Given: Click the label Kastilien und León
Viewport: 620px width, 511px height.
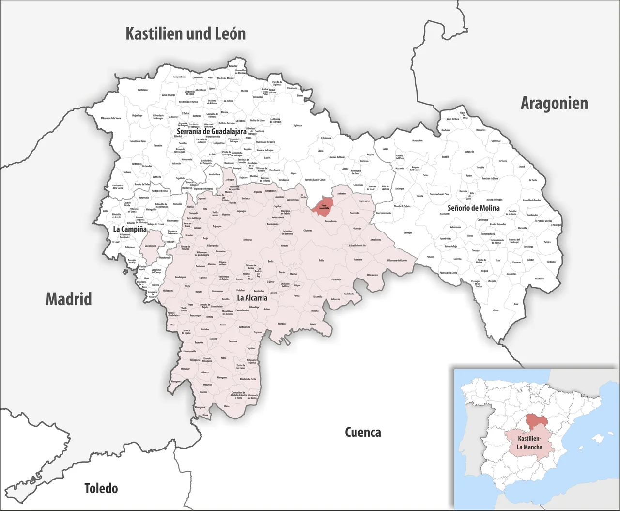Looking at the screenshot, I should pos(186,34).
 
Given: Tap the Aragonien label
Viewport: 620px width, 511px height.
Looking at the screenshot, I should pos(554,103).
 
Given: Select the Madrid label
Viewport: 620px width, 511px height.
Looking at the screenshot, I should pos(68,299).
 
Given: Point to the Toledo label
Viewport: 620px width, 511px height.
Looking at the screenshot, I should pos(101,488).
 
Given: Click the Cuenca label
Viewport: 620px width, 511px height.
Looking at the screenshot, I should pos(363,432).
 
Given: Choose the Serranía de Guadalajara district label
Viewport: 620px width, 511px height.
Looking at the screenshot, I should pos(211,131).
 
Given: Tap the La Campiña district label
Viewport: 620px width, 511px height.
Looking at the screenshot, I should pos(130,229).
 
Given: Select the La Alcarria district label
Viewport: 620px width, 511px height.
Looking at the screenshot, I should pos(252,298).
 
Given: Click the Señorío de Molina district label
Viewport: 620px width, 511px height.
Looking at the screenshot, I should pos(473,208).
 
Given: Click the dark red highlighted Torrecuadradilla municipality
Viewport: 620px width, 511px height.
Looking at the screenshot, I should pos(323,205).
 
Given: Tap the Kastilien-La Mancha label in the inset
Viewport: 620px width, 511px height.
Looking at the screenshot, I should pos(529,443).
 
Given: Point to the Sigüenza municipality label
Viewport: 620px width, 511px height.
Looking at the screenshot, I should pos(297,126).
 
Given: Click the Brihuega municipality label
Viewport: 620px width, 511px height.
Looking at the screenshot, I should pos(248,240).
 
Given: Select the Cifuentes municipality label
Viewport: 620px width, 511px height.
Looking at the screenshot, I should pos(308,231).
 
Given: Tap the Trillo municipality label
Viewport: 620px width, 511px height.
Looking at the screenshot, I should pos(321,260).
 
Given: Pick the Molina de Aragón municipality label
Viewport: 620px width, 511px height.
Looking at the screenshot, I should pos(494,200).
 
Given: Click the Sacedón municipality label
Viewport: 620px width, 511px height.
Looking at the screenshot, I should pos(282,324).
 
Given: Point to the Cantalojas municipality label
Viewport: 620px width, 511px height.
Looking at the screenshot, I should pos(142,90).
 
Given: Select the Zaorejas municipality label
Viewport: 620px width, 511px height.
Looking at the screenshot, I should pos(408,232).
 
